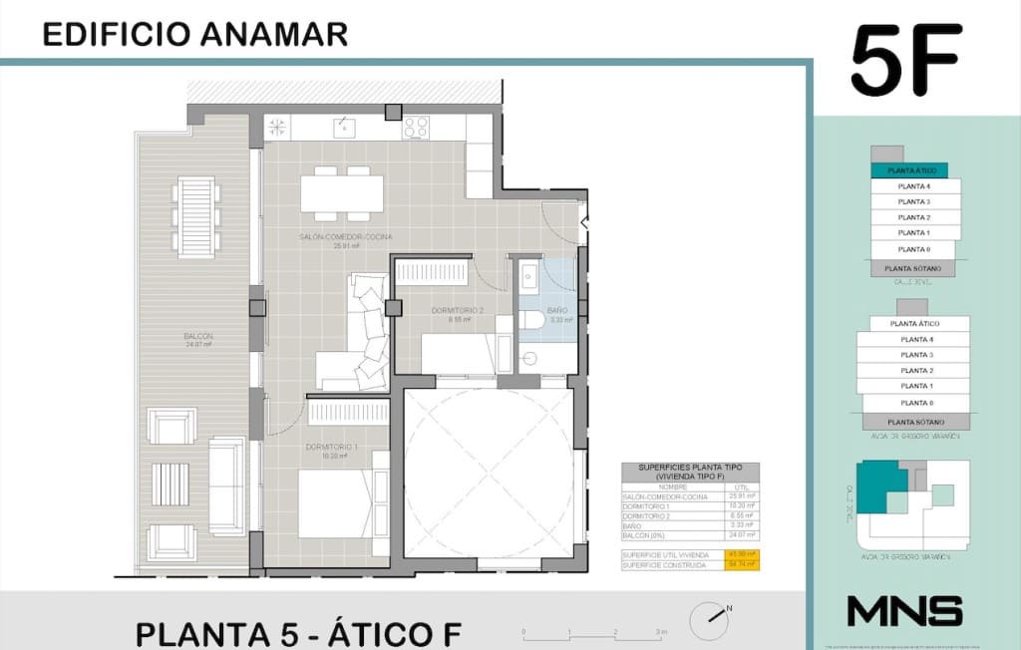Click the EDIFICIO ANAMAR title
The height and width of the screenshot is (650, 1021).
195,34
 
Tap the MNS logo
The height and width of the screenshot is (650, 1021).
904,610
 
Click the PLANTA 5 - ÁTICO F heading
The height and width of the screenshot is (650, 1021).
298,634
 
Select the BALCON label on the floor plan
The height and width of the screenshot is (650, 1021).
198,337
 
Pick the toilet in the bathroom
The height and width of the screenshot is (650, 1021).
532,320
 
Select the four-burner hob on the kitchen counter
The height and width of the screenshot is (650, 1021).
416,127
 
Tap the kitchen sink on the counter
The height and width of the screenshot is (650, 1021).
344,126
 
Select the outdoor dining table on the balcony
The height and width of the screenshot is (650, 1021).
193,215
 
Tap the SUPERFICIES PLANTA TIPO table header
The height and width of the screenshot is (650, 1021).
689,472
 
